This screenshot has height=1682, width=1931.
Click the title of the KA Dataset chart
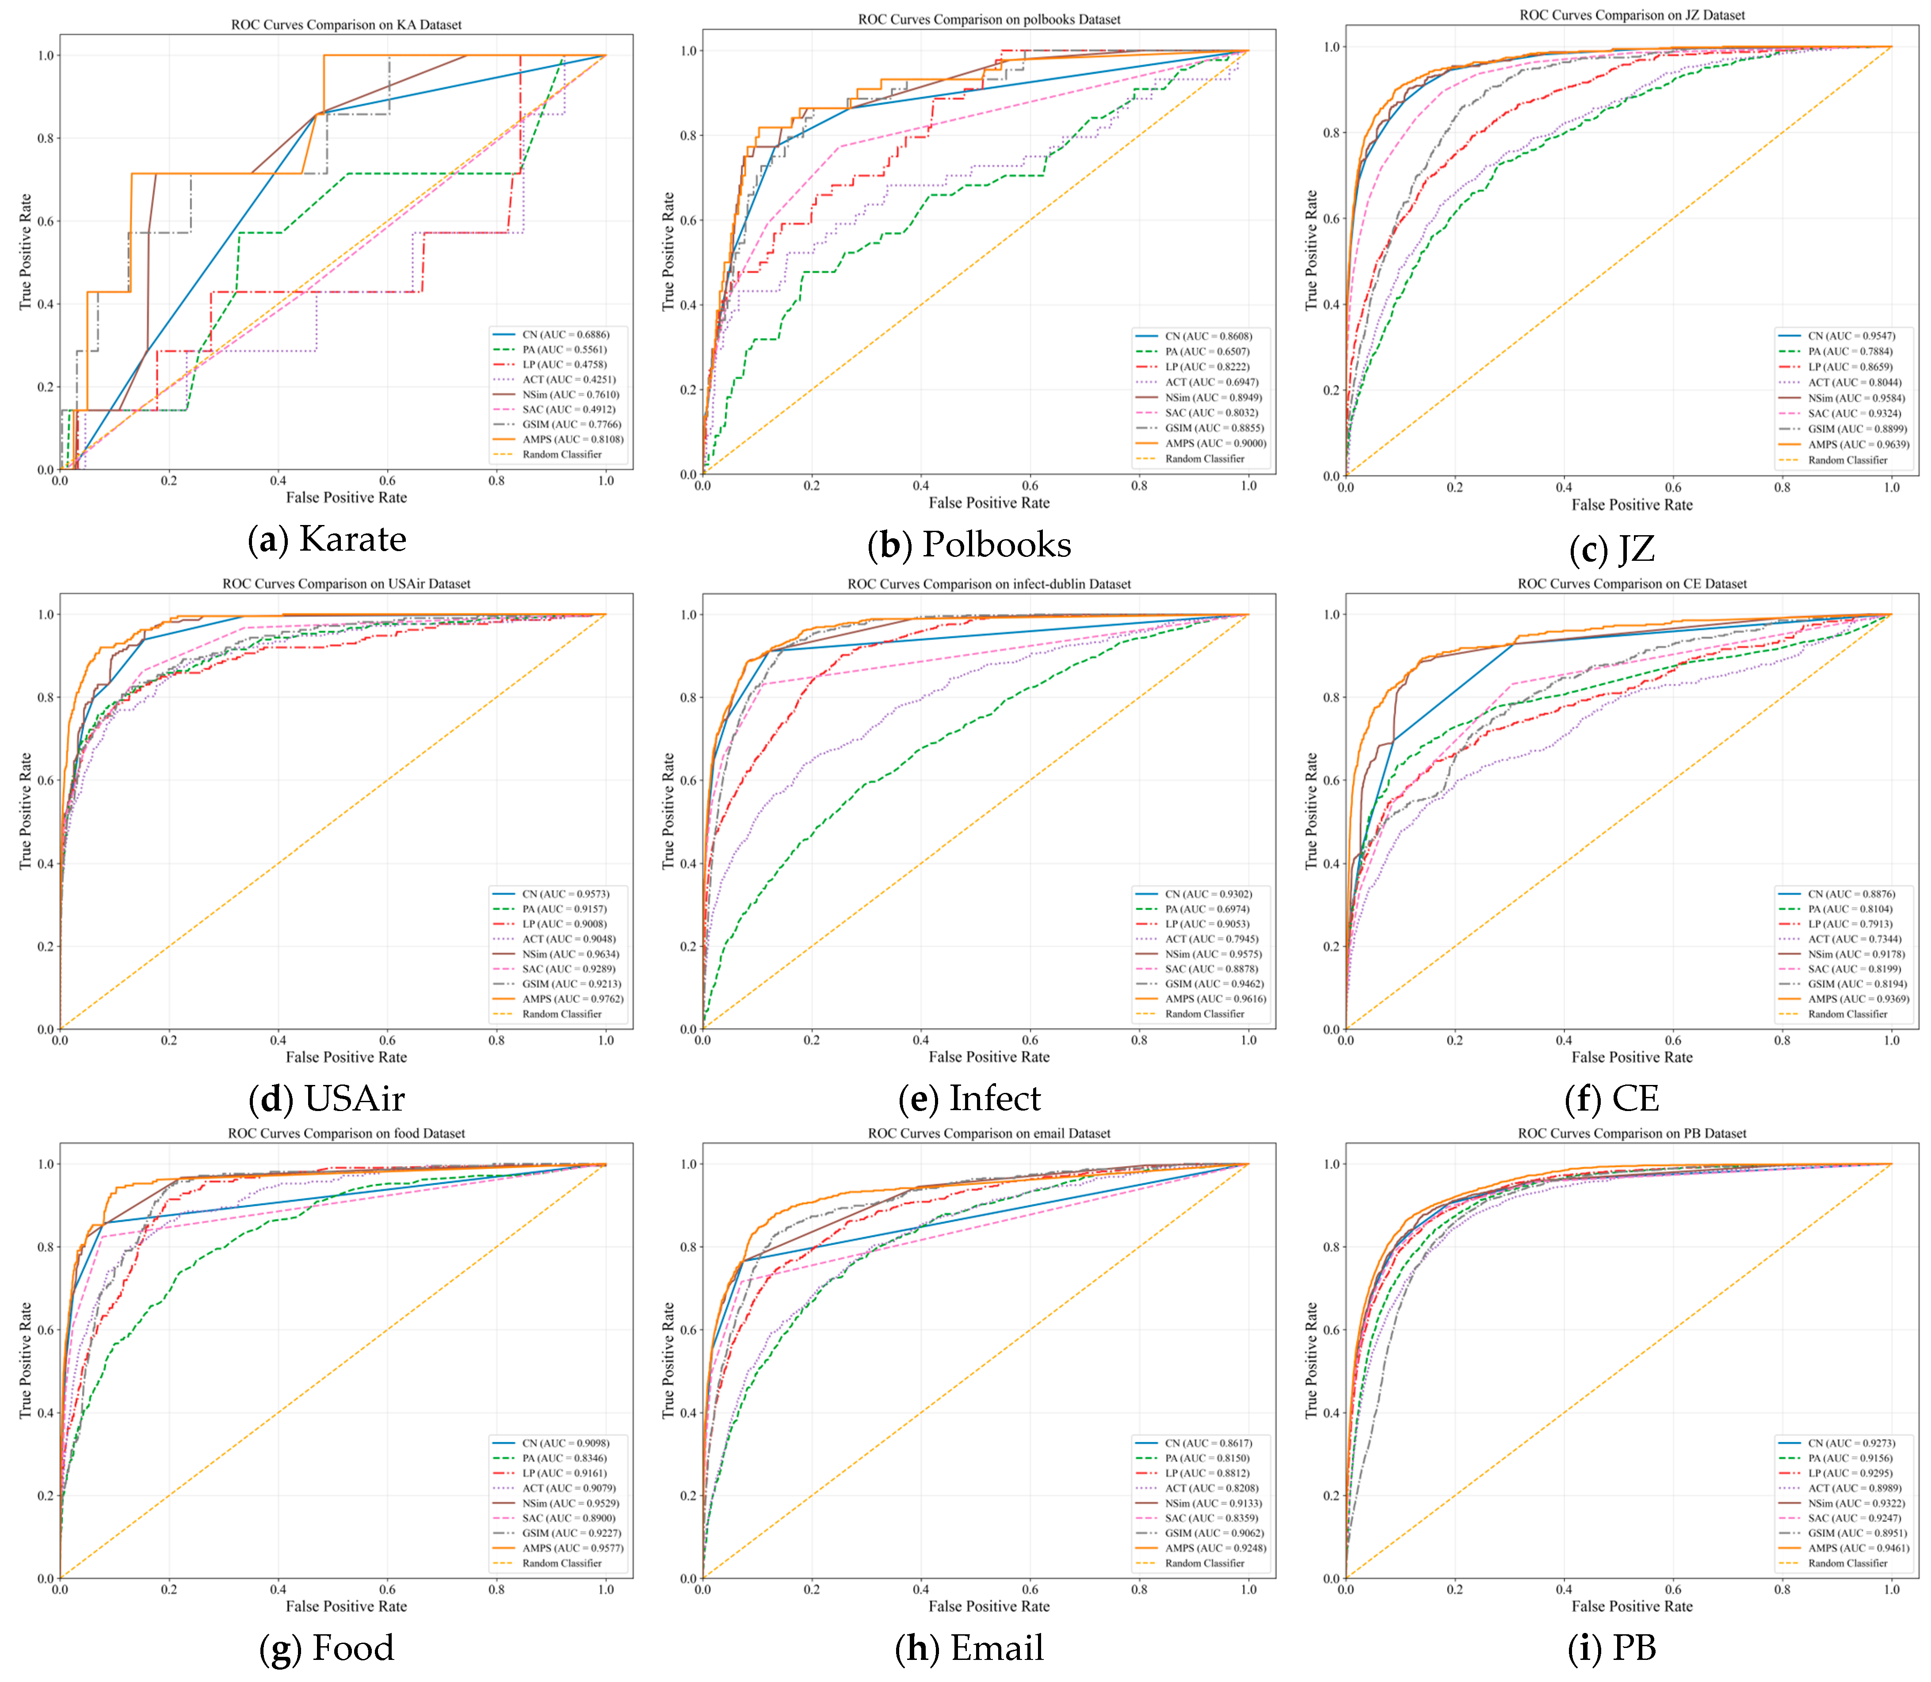point(347,25)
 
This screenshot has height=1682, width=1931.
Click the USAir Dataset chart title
point(347,584)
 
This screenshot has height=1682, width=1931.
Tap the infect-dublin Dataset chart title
point(989,584)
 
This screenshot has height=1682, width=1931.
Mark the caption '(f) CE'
point(1612,1098)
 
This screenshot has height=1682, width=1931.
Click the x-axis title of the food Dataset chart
point(347,1606)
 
